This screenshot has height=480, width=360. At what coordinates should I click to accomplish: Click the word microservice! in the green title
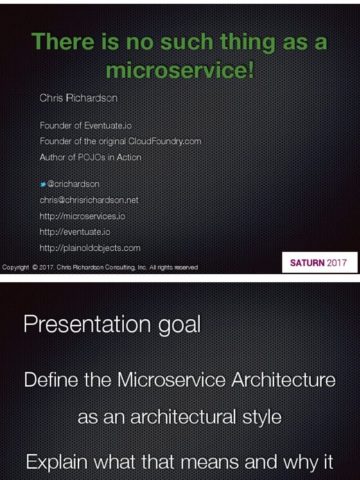pos(180,70)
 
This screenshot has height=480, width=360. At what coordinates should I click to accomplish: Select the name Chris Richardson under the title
pos(78,98)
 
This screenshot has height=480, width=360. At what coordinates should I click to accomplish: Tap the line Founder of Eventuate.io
pos(86,126)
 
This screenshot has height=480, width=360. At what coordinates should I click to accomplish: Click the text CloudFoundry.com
pos(165,141)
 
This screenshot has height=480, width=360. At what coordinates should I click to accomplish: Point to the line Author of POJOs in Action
pos(90,157)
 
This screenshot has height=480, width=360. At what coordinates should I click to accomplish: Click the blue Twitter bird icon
pos(43,185)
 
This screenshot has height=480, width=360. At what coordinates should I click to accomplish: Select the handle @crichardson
pos(73,184)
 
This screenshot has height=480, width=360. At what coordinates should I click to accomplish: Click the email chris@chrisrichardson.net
pos(89,200)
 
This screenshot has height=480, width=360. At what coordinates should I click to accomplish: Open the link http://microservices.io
pos(82,216)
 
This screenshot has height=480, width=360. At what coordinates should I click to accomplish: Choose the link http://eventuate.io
pos(75,232)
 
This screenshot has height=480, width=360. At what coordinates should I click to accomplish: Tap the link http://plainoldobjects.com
pos(90,248)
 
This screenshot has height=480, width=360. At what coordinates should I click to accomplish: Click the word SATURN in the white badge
pos(307,263)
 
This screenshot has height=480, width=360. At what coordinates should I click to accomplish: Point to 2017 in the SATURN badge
pos(337,263)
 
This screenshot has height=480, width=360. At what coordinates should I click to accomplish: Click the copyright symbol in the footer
pos(35,268)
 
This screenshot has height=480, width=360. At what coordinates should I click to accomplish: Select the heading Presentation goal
pos(112,324)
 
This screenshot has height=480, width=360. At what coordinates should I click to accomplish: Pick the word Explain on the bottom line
pos(57,462)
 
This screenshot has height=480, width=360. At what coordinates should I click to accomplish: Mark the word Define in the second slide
pos(51,380)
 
